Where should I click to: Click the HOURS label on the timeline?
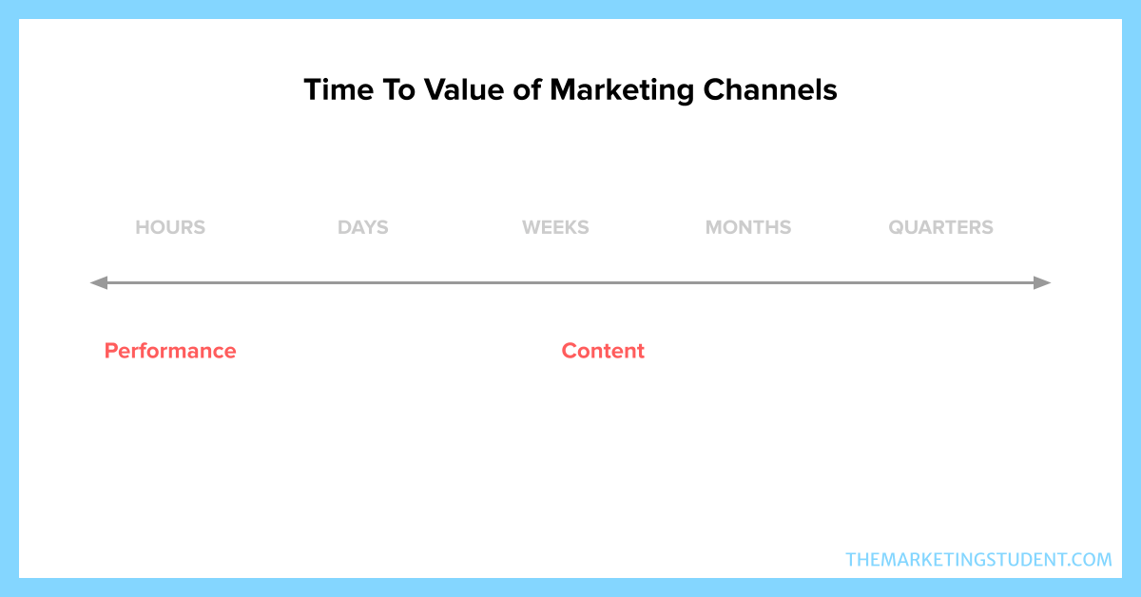coord(170,227)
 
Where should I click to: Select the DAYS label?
coord(362,227)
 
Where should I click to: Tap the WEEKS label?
coord(555,227)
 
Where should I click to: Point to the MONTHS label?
coord(748,227)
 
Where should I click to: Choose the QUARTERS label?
coord(940,227)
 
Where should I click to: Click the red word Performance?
coord(170,351)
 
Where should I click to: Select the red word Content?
coord(603,351)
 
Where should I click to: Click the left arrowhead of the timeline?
coord(98,282)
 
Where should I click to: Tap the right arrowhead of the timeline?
coord(1042,282)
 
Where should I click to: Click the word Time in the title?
coord(338,90)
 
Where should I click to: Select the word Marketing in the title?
coord(622,91)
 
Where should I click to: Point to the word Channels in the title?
coord(770,90)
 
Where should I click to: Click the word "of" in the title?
coord(527,90)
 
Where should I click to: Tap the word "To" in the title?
coord(398,90)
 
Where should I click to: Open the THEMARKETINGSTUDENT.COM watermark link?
coord(978,560)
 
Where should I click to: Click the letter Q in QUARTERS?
coord(898,228)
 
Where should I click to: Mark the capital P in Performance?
coord(111,351)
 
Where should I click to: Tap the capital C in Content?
coord(570,351)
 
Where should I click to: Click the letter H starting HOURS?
coord(143,227)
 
